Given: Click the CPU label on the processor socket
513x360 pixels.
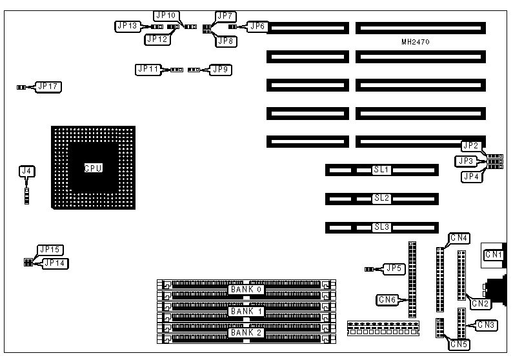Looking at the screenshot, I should pyautogui.click(x=93, y=168).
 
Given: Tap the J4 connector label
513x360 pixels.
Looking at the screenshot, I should pyautogui.click(x=26, y=172).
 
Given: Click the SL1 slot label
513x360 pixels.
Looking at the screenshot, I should pyautogui.click(x=381, y=170).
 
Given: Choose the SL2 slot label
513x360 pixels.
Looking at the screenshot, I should pyautogui.click(x=381, y=198).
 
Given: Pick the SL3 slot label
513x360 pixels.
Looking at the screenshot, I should pyautogui.click(x=381, y=227).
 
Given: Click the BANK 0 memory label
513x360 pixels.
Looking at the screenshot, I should pyautogui.click(x=246, y=290).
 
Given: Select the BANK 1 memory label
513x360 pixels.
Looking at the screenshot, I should pyautogui.click(x=246, y=312).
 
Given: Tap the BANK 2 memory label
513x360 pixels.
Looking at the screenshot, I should pyautogui.click(x=246, y=333).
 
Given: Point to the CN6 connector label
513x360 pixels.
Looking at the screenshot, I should pyautogui.click(x=387, y=299).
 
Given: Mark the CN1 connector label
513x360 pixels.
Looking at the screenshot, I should pyautogui.click(x=494, y=255).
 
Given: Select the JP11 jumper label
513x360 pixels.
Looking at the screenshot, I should pyautogui.click(x=148, y=68).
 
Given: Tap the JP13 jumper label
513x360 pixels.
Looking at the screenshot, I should pyautogui.click(x=127, y=26).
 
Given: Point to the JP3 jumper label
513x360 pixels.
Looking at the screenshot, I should pyautogui.click(x=467, y=161).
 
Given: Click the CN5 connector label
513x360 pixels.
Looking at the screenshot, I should pyautogui.click(x=459, y=345).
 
